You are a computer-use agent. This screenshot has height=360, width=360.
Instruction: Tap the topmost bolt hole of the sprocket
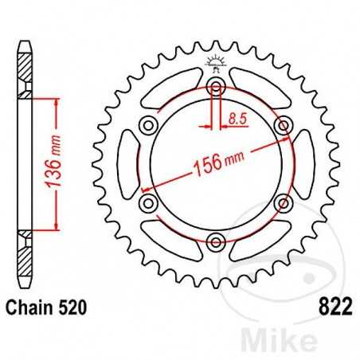tap(215, 88)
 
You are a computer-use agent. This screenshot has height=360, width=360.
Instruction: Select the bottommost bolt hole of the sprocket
tap(215, 241)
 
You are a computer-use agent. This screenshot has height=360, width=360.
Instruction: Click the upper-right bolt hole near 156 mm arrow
tap(281, 126)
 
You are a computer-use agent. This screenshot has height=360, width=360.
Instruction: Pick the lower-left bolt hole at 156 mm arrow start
tap(148, 204)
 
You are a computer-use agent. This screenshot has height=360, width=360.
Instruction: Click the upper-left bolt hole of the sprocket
tap(148, 126)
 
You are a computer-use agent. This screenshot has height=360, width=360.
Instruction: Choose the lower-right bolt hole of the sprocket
tap(281, 204)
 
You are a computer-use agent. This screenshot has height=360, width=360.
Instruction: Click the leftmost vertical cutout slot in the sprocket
tap(126, 165)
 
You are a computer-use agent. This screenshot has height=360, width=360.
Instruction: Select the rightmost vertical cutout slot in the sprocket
tap(303, 165)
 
